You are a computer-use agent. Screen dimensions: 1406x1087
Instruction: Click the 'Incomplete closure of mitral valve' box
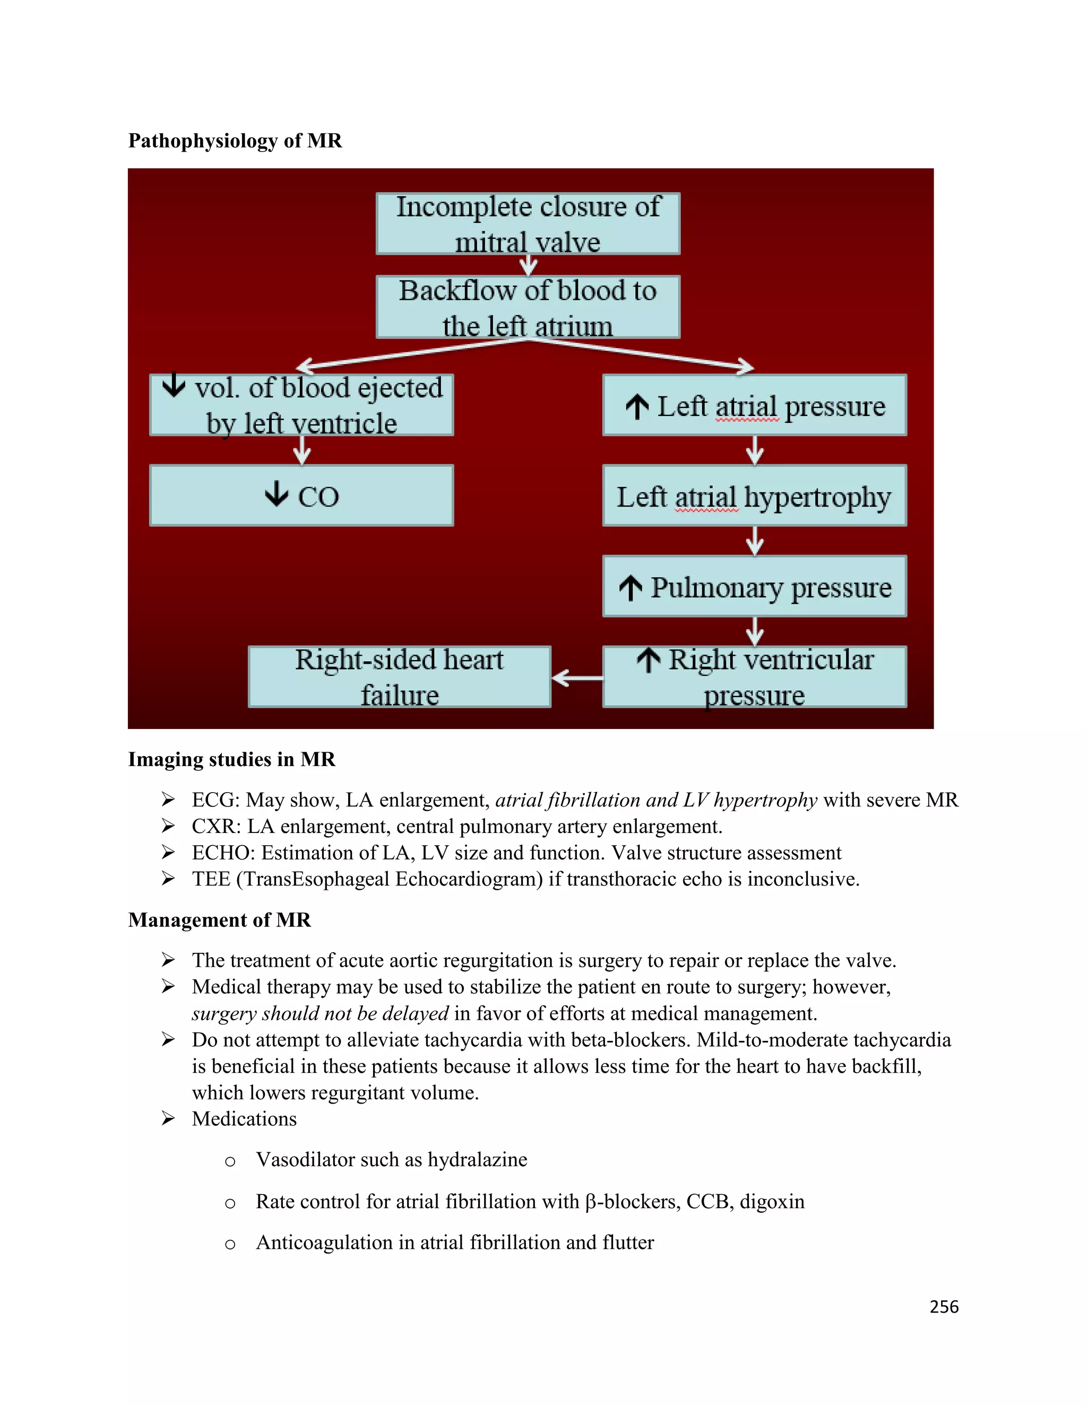[528, 223]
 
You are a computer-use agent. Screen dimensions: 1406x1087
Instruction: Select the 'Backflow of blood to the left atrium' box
[528, 307]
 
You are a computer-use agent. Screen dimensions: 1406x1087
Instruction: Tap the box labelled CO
[301, 496]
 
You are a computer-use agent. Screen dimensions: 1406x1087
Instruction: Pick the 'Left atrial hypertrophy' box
[754, 496]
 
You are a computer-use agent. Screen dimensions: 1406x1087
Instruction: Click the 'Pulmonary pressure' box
[754, 586]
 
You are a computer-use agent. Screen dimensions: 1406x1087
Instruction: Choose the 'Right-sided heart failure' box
[399, 676]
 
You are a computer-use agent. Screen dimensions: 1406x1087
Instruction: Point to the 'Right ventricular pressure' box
[754, 676]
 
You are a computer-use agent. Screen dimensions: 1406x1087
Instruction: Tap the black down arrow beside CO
[277, 494]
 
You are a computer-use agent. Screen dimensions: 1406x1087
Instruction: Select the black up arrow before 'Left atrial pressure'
[637, 406]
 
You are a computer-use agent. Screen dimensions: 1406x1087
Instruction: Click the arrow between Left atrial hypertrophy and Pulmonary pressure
[755, 541]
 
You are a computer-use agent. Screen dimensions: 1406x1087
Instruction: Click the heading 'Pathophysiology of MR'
[235, 141]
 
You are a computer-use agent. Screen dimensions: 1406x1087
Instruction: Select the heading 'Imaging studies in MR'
[232, 759]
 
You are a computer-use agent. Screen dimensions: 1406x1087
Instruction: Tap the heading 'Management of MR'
[220, 920]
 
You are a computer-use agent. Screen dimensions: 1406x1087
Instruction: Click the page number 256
[944, 1306]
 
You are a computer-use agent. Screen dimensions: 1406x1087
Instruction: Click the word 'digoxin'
[772, 1201]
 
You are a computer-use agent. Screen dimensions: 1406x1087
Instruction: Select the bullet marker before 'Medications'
[168, 1118]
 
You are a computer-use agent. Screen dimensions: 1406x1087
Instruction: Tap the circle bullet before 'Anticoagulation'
[230, 1244]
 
